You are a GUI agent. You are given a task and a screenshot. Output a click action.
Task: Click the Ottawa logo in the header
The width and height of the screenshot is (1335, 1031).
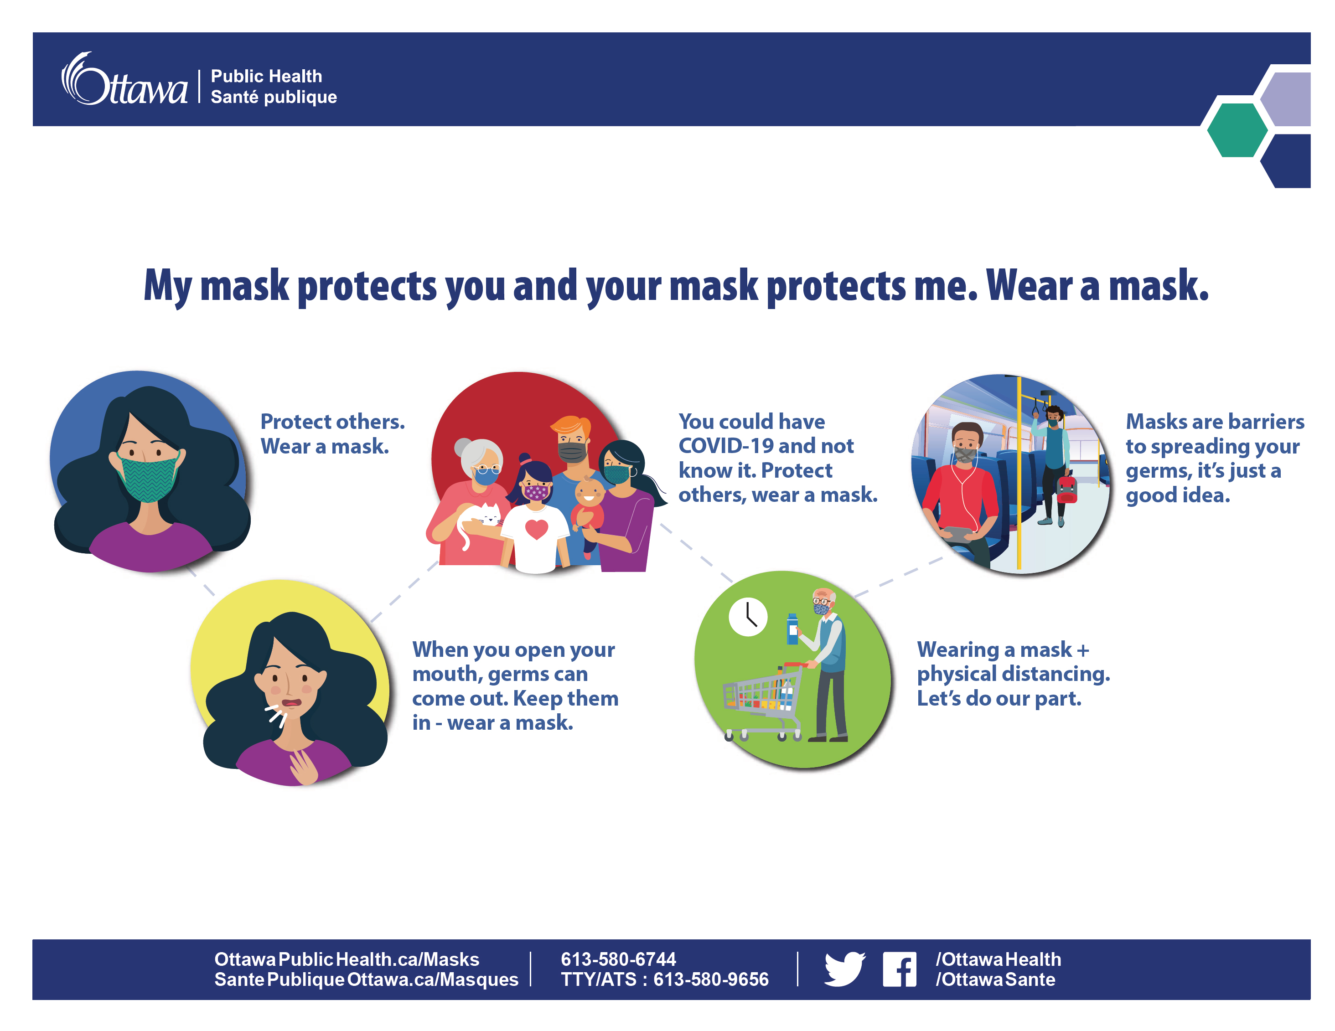tap(124, 79)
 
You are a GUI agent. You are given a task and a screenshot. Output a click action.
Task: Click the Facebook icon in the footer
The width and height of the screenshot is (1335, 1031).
tap(899, 969)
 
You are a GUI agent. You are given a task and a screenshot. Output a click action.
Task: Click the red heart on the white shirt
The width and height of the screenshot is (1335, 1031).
tap(536, 529)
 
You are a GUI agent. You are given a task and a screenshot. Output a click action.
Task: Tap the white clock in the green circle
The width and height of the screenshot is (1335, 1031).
tap(748, 617)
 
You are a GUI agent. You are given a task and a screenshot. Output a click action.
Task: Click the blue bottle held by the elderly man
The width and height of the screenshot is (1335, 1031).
tap(792, 629)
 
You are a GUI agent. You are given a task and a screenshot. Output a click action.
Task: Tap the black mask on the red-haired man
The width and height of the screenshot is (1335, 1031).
tap(572, 452)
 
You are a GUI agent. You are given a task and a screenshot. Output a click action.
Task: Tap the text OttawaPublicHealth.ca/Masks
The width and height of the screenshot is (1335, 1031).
tap(347, 959)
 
